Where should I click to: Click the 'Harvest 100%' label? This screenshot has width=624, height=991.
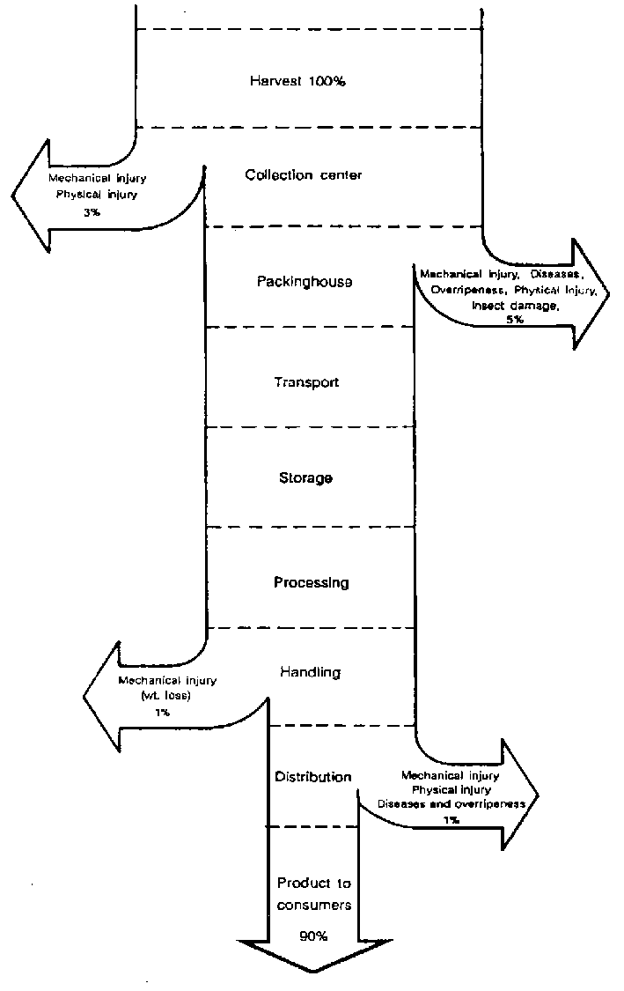pos(297,81)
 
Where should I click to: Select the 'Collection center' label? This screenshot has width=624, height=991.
pos(303,174)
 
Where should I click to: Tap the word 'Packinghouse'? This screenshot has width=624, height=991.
pos(305,282)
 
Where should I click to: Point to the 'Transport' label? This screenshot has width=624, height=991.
pos(305,382)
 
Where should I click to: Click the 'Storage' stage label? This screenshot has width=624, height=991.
pos(305,477)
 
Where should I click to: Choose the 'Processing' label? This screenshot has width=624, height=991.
pos(311,582)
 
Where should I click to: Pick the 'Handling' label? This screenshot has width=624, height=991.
pos(310,672)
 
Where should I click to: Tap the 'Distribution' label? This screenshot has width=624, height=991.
pos(313,777)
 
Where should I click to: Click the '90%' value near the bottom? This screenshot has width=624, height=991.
pos(314,936)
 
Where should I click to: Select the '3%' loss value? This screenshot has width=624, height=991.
pos(103,212)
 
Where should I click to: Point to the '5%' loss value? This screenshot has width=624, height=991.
pos(515,320)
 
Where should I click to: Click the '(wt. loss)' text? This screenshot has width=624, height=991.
pos(166,695)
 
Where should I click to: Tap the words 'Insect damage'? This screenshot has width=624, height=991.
pos(515,305)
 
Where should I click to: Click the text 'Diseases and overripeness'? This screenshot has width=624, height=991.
pos(451,804)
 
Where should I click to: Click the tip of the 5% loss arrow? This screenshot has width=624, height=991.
pos(609,294)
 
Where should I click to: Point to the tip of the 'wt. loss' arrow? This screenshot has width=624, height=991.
pos(84,696)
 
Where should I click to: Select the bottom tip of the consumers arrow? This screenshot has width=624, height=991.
pos(313,973)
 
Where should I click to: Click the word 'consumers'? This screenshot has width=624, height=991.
pos(314,905)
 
